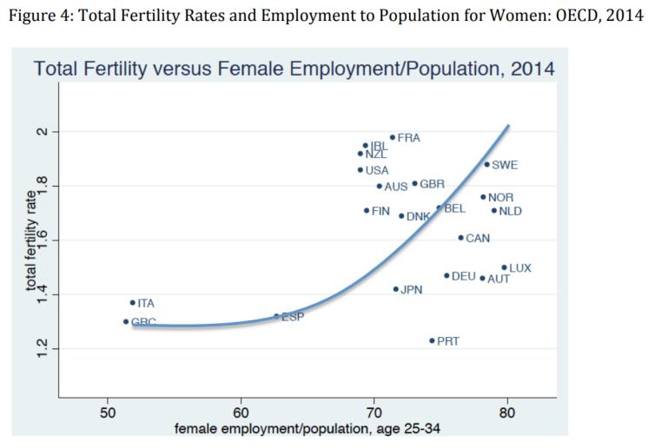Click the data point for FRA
[x=393, y=137]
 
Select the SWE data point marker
[x=486, y=164]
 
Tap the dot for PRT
[x=432, y=341]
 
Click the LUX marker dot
[x=504, y=268]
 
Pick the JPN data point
[x=395, y=289]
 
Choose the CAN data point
[x=460, y=238]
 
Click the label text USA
[x=377, y=170]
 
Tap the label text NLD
[x=511, y=210]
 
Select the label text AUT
[x=499, y=279]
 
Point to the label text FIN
[x=380, y=211]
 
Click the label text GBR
[x=432, y=184]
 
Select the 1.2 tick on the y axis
[x=59, y=349]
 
